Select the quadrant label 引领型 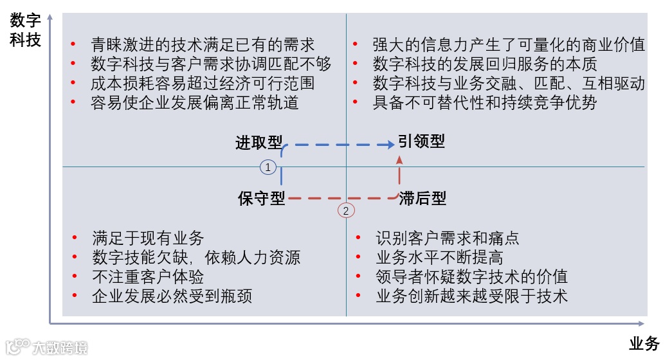pos(421,141)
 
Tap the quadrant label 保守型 pos(261,198)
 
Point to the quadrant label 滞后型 pos(422,198)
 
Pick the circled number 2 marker pos(346,210)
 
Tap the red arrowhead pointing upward pos(399,159)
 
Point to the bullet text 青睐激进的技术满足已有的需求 pos(203,45)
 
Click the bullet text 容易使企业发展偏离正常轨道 pos(195,103)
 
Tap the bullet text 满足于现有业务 pos(147,239)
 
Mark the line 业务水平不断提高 pos(439,258)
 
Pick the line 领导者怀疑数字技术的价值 pos(471,277)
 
